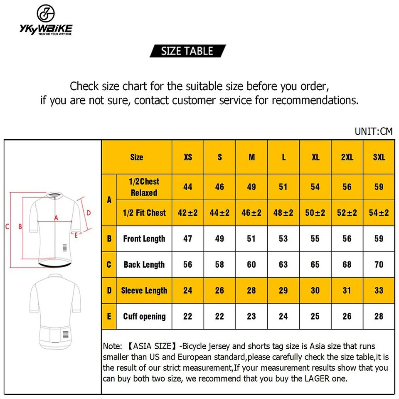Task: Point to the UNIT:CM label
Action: tap(373, 131)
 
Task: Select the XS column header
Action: tap(188, 157)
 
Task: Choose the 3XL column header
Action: tap(379, 157)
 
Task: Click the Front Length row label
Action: tap(144, 239)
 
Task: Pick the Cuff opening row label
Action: tap(144, 316)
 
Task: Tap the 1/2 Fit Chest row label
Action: tap(144, 213)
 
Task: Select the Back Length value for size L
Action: tap(283, 264)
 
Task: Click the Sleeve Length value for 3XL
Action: tap(379, 290)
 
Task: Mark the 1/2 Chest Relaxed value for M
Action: tap(251, 187)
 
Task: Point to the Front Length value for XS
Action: tap(188, 239)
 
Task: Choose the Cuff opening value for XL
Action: tap(315, 316)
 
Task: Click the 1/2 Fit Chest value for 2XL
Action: tap(347, 213)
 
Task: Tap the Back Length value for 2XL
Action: tap(347, 264)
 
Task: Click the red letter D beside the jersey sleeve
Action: tap(88, 213)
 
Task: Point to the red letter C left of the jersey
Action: tap(7, 227)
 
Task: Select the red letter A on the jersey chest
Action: tap(55, 217)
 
